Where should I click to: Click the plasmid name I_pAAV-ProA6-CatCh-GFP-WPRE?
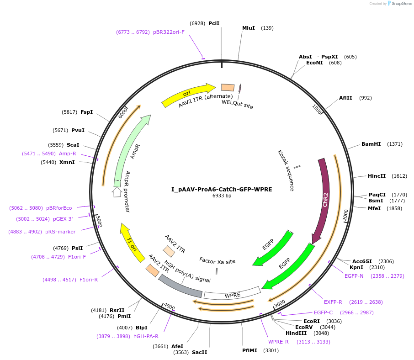coord(222,189)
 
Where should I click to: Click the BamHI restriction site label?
coord(371,144)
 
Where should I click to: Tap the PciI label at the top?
coord(214,23)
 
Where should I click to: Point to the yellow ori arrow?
coord(187,94)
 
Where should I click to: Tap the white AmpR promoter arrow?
coord(117,192)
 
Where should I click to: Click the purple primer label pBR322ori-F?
coord(169,32)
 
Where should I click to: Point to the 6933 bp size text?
coord(222,196)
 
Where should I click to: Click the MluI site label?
coord(249,28)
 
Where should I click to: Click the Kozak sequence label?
coord(286,170)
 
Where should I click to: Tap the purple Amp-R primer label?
coord(67,154)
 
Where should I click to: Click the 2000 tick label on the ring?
coord(345,214)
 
